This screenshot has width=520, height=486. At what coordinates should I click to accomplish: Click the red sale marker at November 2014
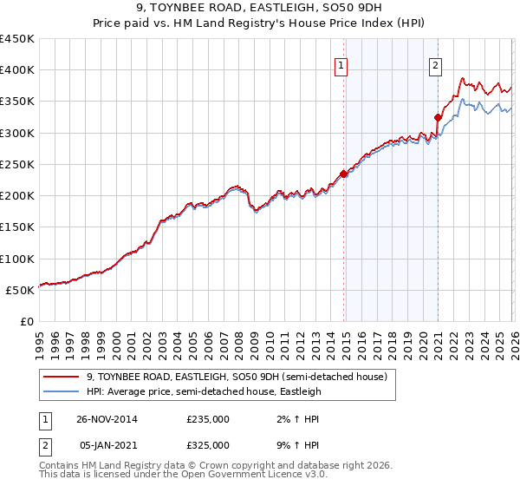tap(344, 174)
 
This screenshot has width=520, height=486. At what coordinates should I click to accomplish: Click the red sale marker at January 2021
tap(438, 117)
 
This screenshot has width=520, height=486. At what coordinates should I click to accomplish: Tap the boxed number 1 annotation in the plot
tap(341, 64)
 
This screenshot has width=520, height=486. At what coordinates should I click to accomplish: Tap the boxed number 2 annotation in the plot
tap(435, 64)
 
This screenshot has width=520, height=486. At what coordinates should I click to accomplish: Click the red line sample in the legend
tap(62, 377)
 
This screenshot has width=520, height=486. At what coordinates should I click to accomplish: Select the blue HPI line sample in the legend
tap(62, 391)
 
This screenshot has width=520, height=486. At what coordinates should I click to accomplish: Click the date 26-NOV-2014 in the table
tap(107, 419)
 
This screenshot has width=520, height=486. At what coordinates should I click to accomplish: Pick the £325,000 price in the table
tap(208, 445)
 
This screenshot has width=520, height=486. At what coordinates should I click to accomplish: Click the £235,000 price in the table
tap(208, 419)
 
